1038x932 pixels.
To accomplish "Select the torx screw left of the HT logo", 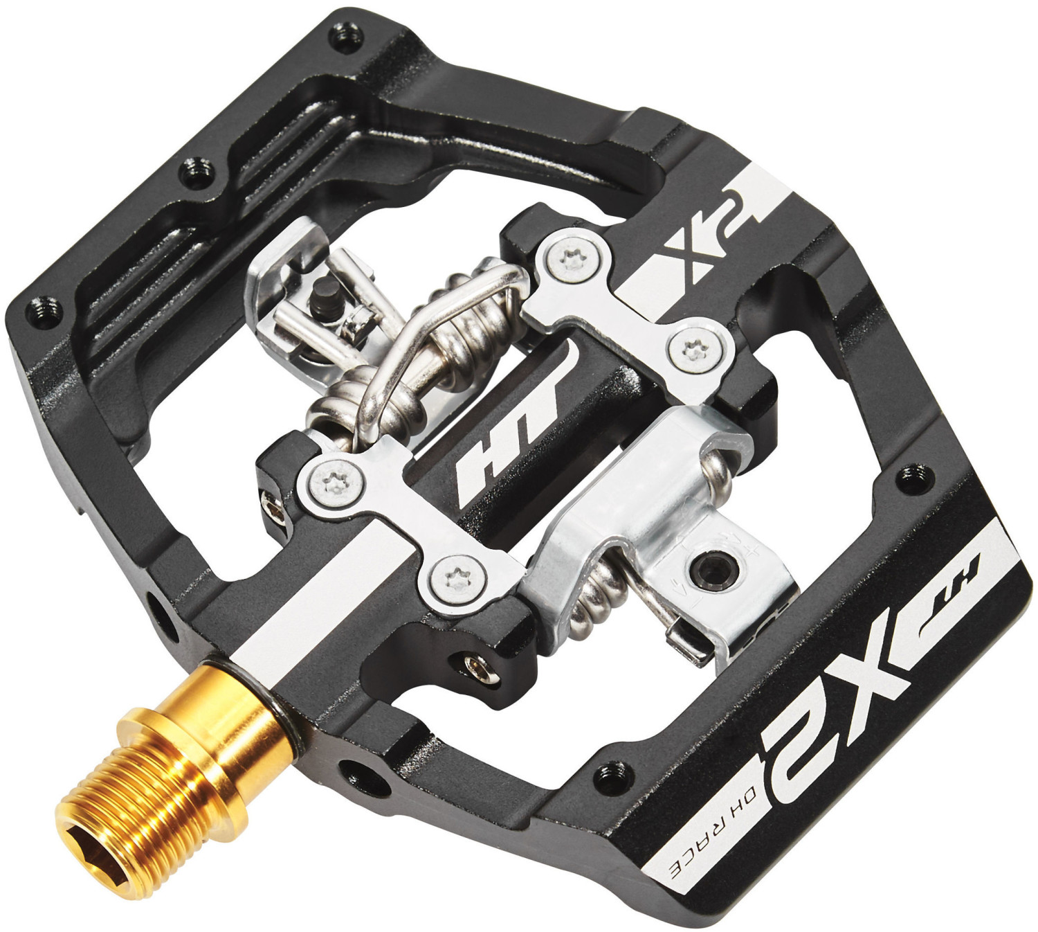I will [x=325, y=477].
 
